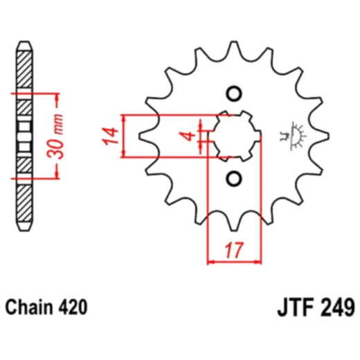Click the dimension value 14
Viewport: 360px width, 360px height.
[x=109, y=136]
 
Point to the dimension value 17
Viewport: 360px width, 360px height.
[x=235, y=250]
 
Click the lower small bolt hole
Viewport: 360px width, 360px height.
[x=233, y=178]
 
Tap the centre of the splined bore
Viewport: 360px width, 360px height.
[x=234, y=136]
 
